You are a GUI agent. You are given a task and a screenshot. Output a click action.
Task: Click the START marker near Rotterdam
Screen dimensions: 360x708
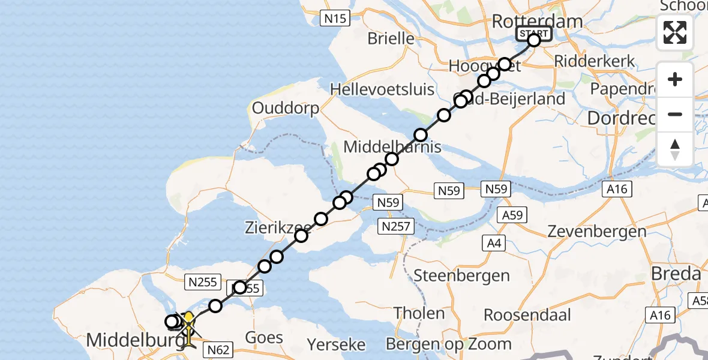(x=533, y=33)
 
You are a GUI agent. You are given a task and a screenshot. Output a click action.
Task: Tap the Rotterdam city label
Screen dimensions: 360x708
(x=536, y=22)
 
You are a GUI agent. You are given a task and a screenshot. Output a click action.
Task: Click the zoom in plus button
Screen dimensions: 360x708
(x=675, y=79)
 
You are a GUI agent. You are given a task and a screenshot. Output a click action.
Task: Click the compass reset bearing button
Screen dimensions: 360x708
(x=675, y=149)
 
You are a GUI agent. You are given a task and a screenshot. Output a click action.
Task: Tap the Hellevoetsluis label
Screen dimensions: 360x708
(x=382, y=90)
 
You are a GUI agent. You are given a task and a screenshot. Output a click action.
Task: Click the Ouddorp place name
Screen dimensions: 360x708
(x=286, y=108)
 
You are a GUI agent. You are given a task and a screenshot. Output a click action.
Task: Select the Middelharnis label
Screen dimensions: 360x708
(x=392, y=147)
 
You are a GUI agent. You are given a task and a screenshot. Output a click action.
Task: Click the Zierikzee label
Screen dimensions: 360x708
(x=277, y=227)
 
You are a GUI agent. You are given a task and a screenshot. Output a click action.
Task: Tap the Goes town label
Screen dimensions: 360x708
(x=264, y=337)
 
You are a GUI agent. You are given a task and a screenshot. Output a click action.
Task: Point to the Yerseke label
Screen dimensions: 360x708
(x=336, y=344)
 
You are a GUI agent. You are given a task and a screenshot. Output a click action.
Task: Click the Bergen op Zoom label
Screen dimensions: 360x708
(x=449, y=344)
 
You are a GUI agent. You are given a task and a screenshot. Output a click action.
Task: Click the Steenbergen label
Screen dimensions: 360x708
(x=462, y=276)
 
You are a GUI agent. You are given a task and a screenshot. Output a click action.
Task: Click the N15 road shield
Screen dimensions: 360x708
(x=335, y=19)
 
